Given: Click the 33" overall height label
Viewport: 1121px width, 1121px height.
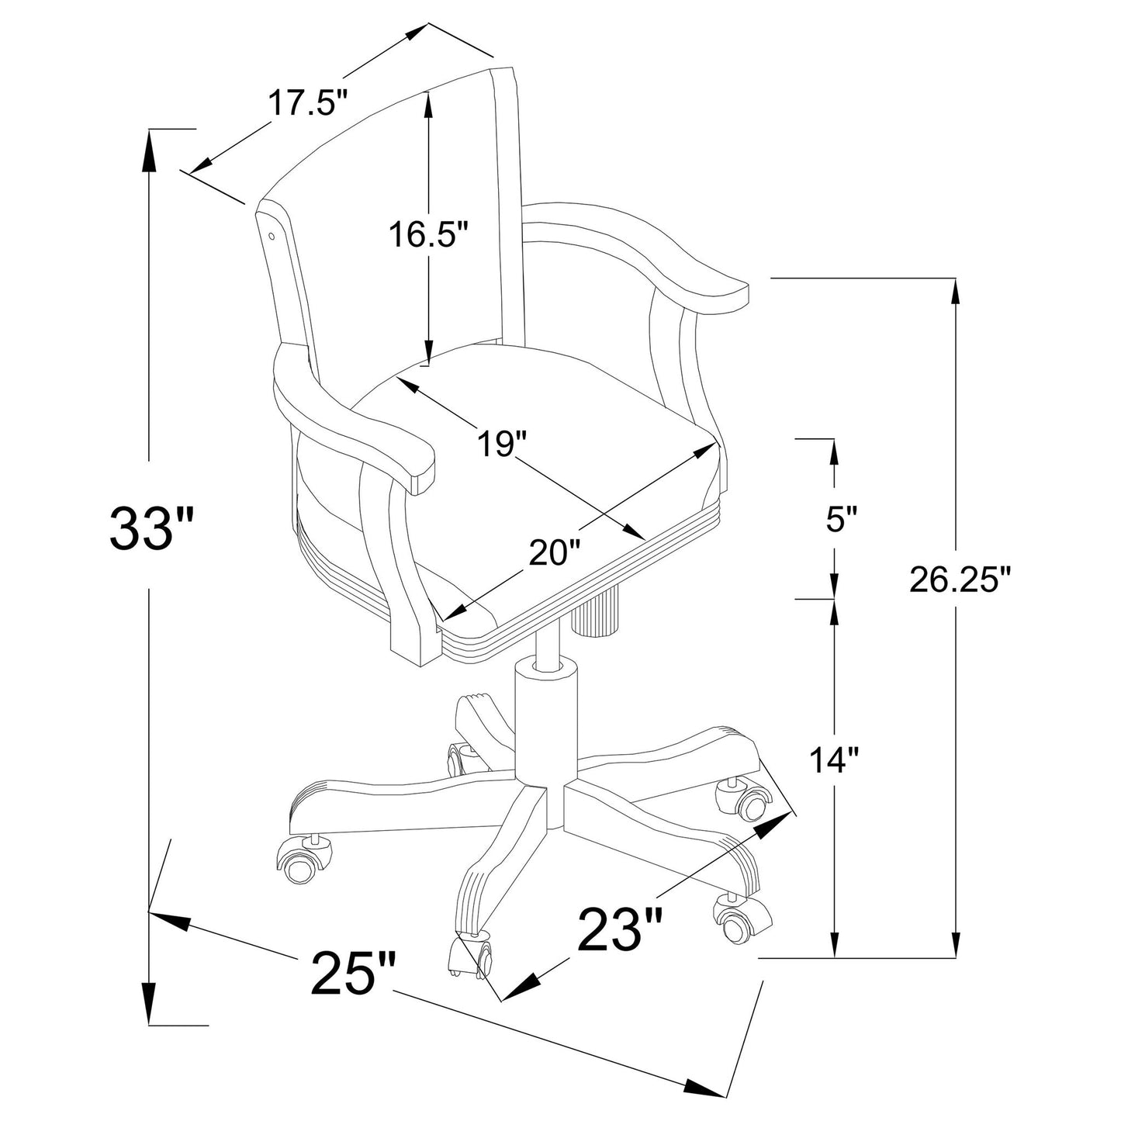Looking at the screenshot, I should point(150,528).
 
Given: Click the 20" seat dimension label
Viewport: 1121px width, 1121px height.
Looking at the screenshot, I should point(555,553).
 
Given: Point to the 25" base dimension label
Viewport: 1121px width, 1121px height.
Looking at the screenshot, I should point(354,974).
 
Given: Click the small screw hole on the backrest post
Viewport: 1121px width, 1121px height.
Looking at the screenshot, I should point(272,233).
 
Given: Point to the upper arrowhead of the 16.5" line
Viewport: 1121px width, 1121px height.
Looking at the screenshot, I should point(427,105).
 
